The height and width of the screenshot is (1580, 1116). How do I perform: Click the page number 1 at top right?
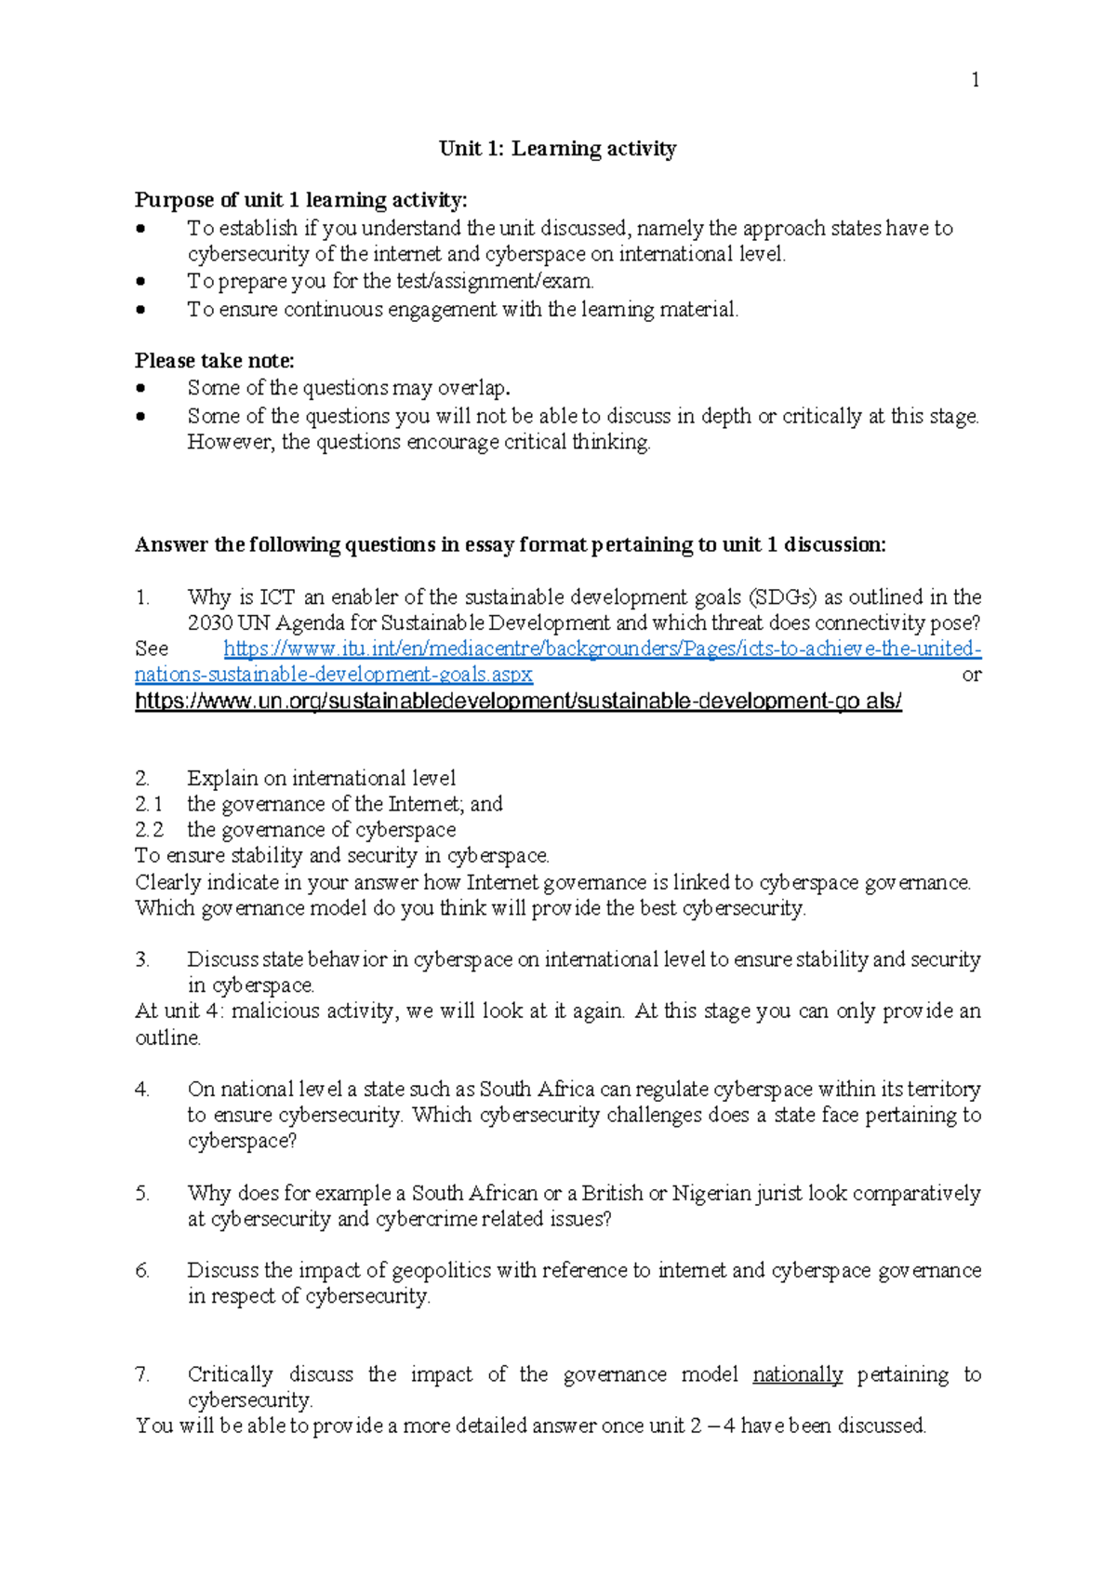[x=975, y=81]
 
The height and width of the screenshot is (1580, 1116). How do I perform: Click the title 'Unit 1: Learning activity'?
[x=557, y=149]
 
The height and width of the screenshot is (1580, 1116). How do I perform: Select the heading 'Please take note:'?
[x=215, y=361]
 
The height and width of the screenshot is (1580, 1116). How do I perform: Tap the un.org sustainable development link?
[x=518, y=702]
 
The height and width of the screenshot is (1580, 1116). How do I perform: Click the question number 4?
[x=141, y=1090]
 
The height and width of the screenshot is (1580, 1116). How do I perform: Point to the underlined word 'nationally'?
[x=797, y=1375]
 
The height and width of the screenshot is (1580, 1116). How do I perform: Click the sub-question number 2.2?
[x=149, y=830]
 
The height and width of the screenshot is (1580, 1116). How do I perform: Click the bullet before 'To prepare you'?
[x=140, y=281]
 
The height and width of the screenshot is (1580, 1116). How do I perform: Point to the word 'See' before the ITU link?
[x=152, y=649]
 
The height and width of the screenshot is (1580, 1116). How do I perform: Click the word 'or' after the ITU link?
[x=971, y=676]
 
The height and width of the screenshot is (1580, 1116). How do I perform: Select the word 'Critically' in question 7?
[x=230, y=1375]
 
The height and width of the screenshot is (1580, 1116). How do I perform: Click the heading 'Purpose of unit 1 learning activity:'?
[x=301, y=200]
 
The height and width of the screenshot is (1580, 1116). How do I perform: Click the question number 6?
[x=141, y=1271]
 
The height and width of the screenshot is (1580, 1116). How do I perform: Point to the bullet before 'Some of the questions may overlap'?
[x=140, y=388]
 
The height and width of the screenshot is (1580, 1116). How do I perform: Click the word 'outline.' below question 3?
[x=168, y=1038]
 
